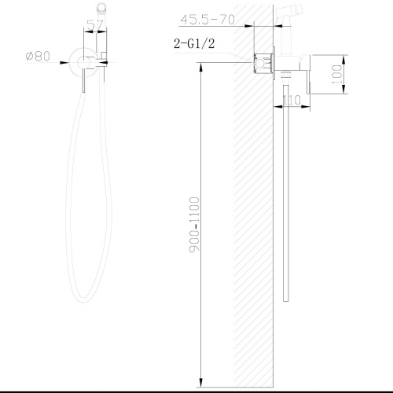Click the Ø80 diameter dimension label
[37, 56]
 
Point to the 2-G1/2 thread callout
[193, 45]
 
